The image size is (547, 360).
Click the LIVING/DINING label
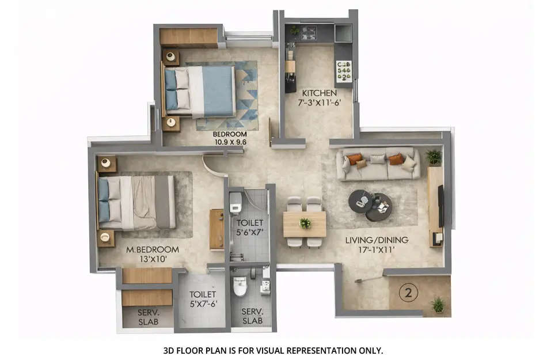(x=377, y=240)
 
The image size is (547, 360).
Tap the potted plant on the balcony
(x=438, y=305)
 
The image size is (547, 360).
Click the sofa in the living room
(x=378, y=164)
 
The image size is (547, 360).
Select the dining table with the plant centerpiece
(x=305, y=223)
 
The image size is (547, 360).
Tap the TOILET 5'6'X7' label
(x=249, y=227)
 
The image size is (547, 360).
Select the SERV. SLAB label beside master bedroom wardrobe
(x=148, y=318)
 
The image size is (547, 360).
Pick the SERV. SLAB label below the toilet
(x=252, y=316)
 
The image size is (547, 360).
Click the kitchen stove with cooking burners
(x=344, y=70)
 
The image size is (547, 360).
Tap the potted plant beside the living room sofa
(x=434, y=157)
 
